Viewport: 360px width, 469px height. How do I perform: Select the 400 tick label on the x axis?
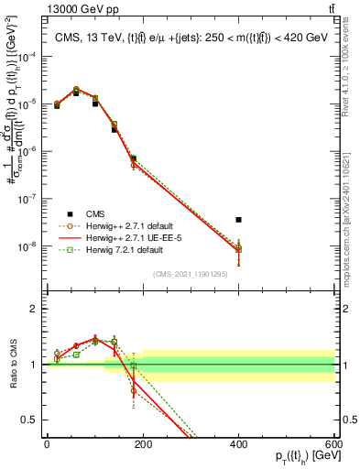(238, 443)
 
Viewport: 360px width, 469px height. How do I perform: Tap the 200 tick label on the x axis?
(143, 443)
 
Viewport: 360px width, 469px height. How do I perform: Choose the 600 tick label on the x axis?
(334, 443)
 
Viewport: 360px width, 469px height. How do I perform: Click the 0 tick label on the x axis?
(47, 443)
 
